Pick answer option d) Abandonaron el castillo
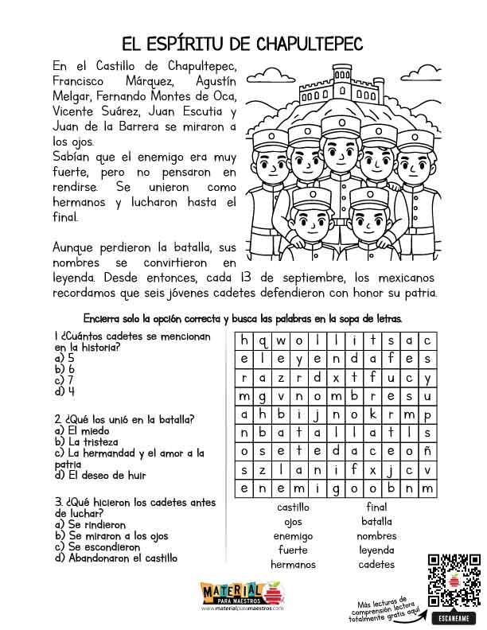[116, 558]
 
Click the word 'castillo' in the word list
[293, 507]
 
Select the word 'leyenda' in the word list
[376, 550]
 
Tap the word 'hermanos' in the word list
[293, 565]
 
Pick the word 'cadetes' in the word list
[376, 565]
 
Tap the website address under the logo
[242, 607]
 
